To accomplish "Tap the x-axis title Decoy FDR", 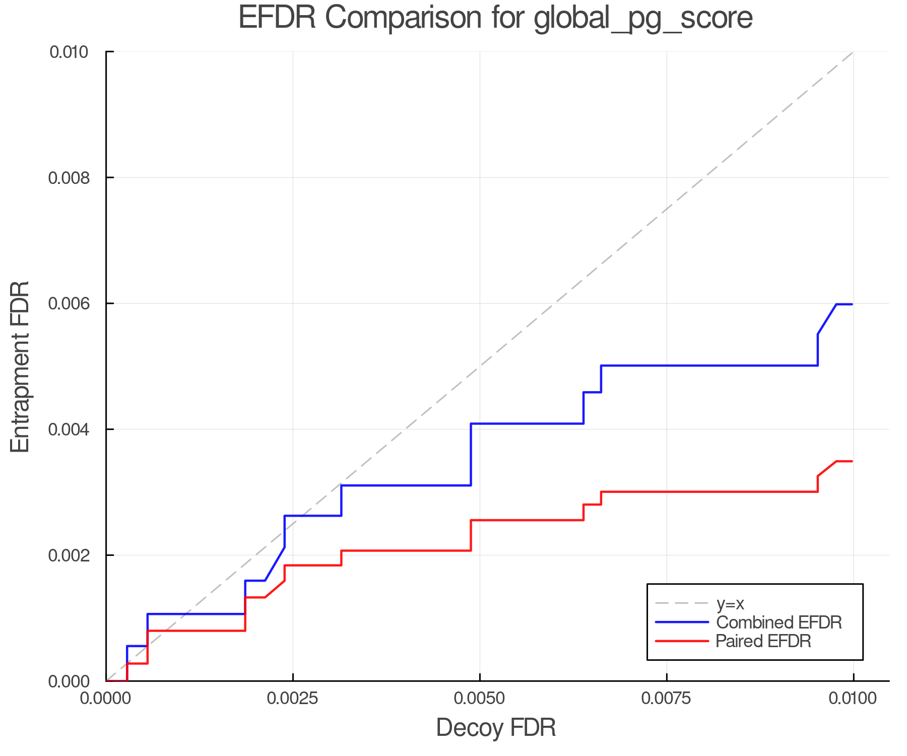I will pos(496,727).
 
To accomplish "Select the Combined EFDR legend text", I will pos(779,622).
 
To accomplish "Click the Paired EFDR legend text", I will pos(763,641).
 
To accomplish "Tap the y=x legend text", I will pos(730,603).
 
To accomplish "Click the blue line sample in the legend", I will pos(682,622).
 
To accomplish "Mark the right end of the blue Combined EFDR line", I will pos(852,304).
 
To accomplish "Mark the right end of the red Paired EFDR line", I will pos(852,461).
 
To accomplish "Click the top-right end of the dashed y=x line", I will pos(853,52).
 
